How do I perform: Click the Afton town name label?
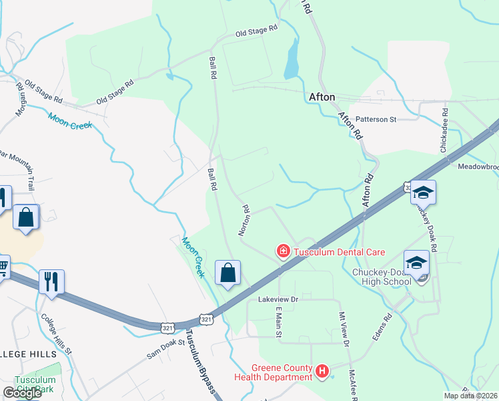point(322,97)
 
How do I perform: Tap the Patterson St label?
point(376,120)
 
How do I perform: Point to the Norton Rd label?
point(244,220)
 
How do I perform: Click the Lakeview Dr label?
point(278,300)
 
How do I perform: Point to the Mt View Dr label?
point(344,330)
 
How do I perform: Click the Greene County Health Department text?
point(272,372)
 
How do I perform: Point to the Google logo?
point(22,393)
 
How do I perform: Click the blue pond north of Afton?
point(292,61)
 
